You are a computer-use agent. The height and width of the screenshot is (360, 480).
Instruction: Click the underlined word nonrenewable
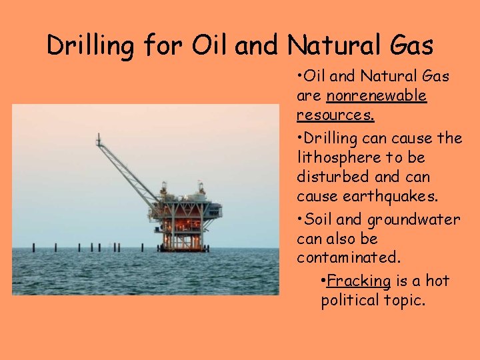click(x=377, y=96)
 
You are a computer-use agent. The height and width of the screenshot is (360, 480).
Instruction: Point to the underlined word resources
click(x=335, y=115)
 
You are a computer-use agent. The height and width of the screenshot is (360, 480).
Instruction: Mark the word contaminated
click(x=349, y=257)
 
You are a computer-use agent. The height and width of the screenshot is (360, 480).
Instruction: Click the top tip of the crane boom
click(x=99, y=137)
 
